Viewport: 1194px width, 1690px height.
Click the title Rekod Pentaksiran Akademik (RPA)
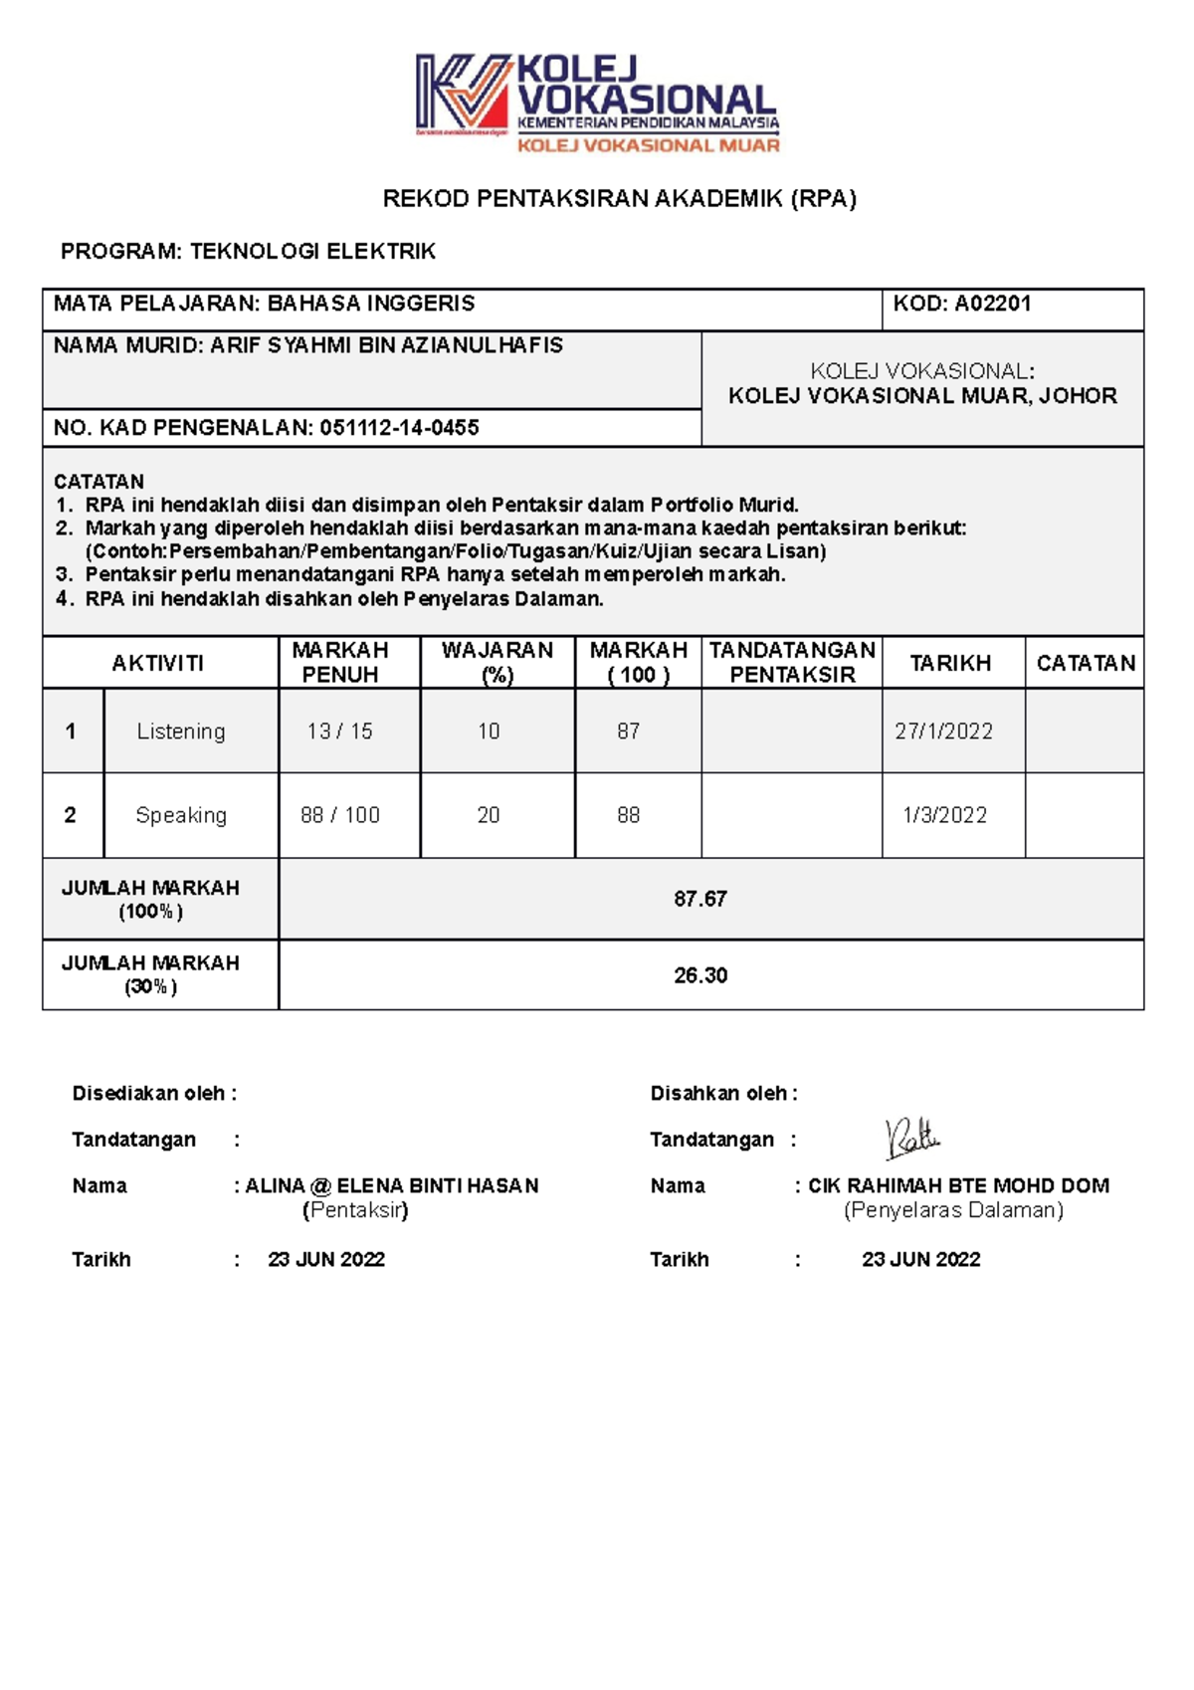(619, 199)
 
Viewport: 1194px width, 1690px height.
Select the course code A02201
(992, 305)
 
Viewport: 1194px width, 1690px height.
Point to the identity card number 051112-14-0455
(399, 428)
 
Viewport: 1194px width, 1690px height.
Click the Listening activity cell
(181, 732)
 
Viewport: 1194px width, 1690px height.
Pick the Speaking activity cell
(181, 815)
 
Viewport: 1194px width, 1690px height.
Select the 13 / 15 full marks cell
(340, 732)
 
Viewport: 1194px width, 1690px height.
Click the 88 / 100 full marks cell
(340, 815)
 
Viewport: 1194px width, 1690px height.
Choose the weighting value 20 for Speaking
(489, 815)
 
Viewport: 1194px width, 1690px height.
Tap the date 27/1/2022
(943, 732)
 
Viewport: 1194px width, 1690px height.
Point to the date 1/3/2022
(944, 815)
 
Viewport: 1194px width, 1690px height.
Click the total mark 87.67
(700, 899)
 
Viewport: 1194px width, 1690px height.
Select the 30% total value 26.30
(700, 975)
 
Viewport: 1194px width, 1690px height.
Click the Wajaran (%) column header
(497, 663)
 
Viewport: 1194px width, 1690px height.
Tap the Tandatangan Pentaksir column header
(792, 663)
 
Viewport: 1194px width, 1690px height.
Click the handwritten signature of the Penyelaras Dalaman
(911, 1138)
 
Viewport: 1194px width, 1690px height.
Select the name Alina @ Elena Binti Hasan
(392, 1185)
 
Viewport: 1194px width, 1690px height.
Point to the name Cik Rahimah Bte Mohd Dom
(958, 1185)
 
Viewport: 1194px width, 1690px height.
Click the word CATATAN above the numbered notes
(99, 481)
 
